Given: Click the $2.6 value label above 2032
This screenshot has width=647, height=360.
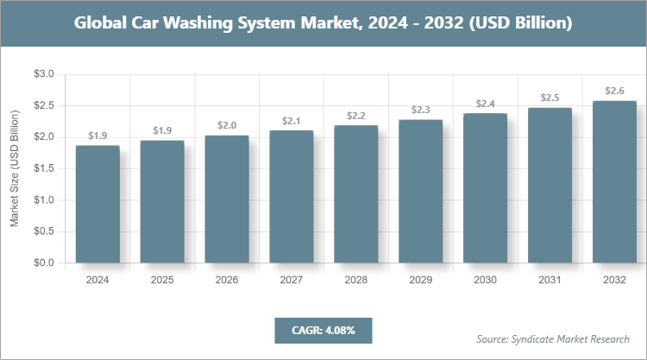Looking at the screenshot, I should [614, 90].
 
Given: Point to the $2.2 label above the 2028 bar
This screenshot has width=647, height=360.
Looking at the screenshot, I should [355, 115].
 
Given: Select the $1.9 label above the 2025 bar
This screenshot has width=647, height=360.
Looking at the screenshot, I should [161, 130].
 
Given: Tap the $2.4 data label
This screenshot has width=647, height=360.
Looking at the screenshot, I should [485, 104].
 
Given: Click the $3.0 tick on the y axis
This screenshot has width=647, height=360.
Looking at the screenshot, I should [43, 75].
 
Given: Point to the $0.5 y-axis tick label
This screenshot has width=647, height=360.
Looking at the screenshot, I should [43, 231].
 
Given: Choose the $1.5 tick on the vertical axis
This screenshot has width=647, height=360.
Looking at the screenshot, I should [43, 169].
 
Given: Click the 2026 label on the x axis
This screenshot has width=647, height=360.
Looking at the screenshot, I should [226, 281].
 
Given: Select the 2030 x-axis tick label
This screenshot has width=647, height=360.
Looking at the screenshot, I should [485, 281].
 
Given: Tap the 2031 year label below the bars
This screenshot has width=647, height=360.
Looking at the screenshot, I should [550, 281].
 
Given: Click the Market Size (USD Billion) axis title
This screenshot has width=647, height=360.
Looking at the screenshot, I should [15, 169].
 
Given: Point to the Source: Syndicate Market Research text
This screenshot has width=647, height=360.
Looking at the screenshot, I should [553, 338].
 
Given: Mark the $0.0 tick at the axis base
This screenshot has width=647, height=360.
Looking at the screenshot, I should [43, 262].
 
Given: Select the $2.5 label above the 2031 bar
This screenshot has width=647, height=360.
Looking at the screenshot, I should [550, 98].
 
